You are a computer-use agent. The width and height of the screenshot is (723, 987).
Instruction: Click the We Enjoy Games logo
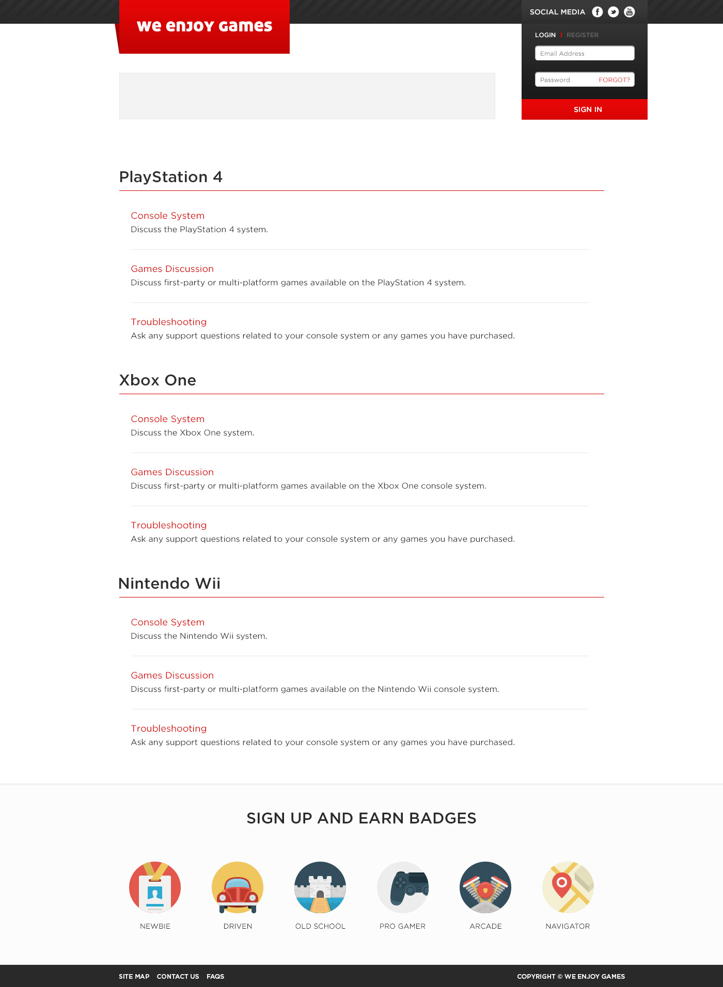click(205, 26)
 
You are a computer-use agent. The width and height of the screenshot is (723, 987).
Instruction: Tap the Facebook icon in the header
click(598, 12)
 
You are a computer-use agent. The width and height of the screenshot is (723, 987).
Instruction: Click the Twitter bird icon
click(614, 12)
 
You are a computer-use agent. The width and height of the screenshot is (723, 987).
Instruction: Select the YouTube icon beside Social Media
click(630, 12)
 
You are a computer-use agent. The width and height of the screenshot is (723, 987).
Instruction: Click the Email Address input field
click(585, 54)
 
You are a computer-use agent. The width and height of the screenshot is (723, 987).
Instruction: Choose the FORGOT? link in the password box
click(614, 80)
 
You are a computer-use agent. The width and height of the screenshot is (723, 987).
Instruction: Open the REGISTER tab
click(583, 35)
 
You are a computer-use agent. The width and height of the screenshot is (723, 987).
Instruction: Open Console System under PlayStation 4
click(168, 216)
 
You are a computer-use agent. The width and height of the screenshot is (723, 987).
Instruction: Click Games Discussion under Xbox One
click(172, 472)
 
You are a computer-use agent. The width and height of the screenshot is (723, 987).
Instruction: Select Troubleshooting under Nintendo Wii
click(169, 729)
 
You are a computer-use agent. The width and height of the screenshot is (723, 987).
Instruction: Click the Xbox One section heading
click(158, 380)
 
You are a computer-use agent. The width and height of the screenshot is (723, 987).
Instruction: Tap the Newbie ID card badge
click(155, 887)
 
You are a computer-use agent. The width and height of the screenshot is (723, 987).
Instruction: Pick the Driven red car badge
click(238, 887)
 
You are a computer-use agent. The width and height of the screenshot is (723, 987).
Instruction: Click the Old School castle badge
click(320, 887)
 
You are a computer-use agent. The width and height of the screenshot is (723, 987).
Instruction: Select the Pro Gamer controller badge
click(403, 887)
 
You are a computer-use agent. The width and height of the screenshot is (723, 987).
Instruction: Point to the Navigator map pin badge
click(568, 887)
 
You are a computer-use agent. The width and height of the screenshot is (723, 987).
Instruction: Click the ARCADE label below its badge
click(485, 926)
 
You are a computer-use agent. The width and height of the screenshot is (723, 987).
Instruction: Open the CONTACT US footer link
click(178, 976)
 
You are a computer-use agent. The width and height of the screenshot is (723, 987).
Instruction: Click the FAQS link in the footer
click(215, 976)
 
